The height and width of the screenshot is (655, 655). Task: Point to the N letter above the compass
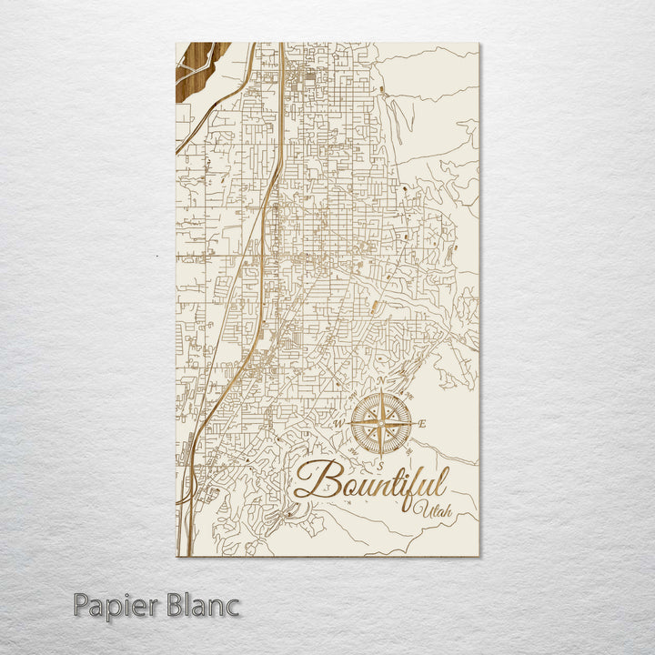tap(382, 380)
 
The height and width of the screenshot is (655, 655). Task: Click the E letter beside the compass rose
tap(423, 425)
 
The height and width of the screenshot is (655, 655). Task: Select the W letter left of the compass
tap(339, 424)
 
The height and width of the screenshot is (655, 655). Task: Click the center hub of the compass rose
tap(381, 424)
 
